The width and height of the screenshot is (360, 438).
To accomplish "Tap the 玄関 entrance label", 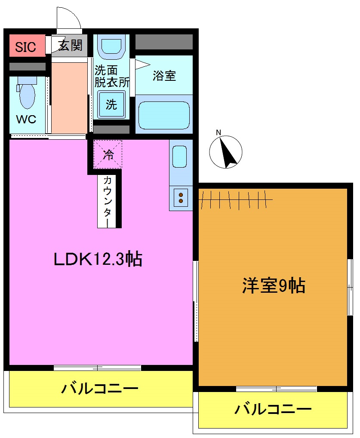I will (70, 45).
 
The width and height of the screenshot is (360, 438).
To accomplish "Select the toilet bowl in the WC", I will (27, 95).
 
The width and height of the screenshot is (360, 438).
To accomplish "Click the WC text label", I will (26, 119).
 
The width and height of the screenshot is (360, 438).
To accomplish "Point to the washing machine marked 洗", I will (111, 104).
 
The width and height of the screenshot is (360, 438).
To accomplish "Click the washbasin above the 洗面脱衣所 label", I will (111, 46).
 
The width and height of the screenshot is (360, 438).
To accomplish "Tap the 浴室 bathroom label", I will (164, 76).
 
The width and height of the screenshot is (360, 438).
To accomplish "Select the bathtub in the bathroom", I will (164, 114).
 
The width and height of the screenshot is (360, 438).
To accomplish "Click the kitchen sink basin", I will (180, 156).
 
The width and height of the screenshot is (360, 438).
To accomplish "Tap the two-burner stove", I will (181, 198).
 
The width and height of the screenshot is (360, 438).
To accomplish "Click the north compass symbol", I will (226, 152).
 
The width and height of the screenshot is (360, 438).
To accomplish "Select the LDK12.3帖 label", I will (98, 259).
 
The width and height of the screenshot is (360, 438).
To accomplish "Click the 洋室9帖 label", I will (274, 285).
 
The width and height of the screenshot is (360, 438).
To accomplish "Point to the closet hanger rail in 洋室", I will (236, 199).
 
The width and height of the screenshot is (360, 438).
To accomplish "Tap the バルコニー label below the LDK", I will (99, 389).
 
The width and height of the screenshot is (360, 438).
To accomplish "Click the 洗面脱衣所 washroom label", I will (111, 76).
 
